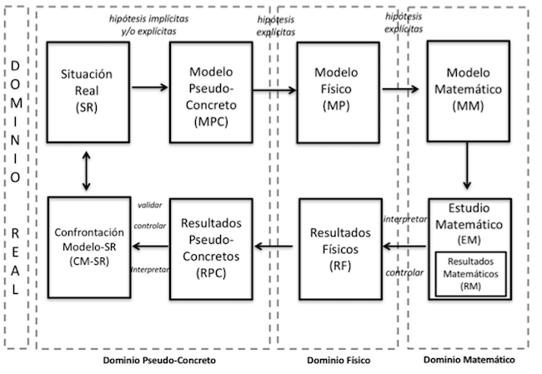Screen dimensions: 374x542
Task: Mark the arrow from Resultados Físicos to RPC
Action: [276, 244]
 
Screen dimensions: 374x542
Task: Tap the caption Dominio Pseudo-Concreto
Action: [159, 361]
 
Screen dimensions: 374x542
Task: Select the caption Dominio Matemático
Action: [469, 360]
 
